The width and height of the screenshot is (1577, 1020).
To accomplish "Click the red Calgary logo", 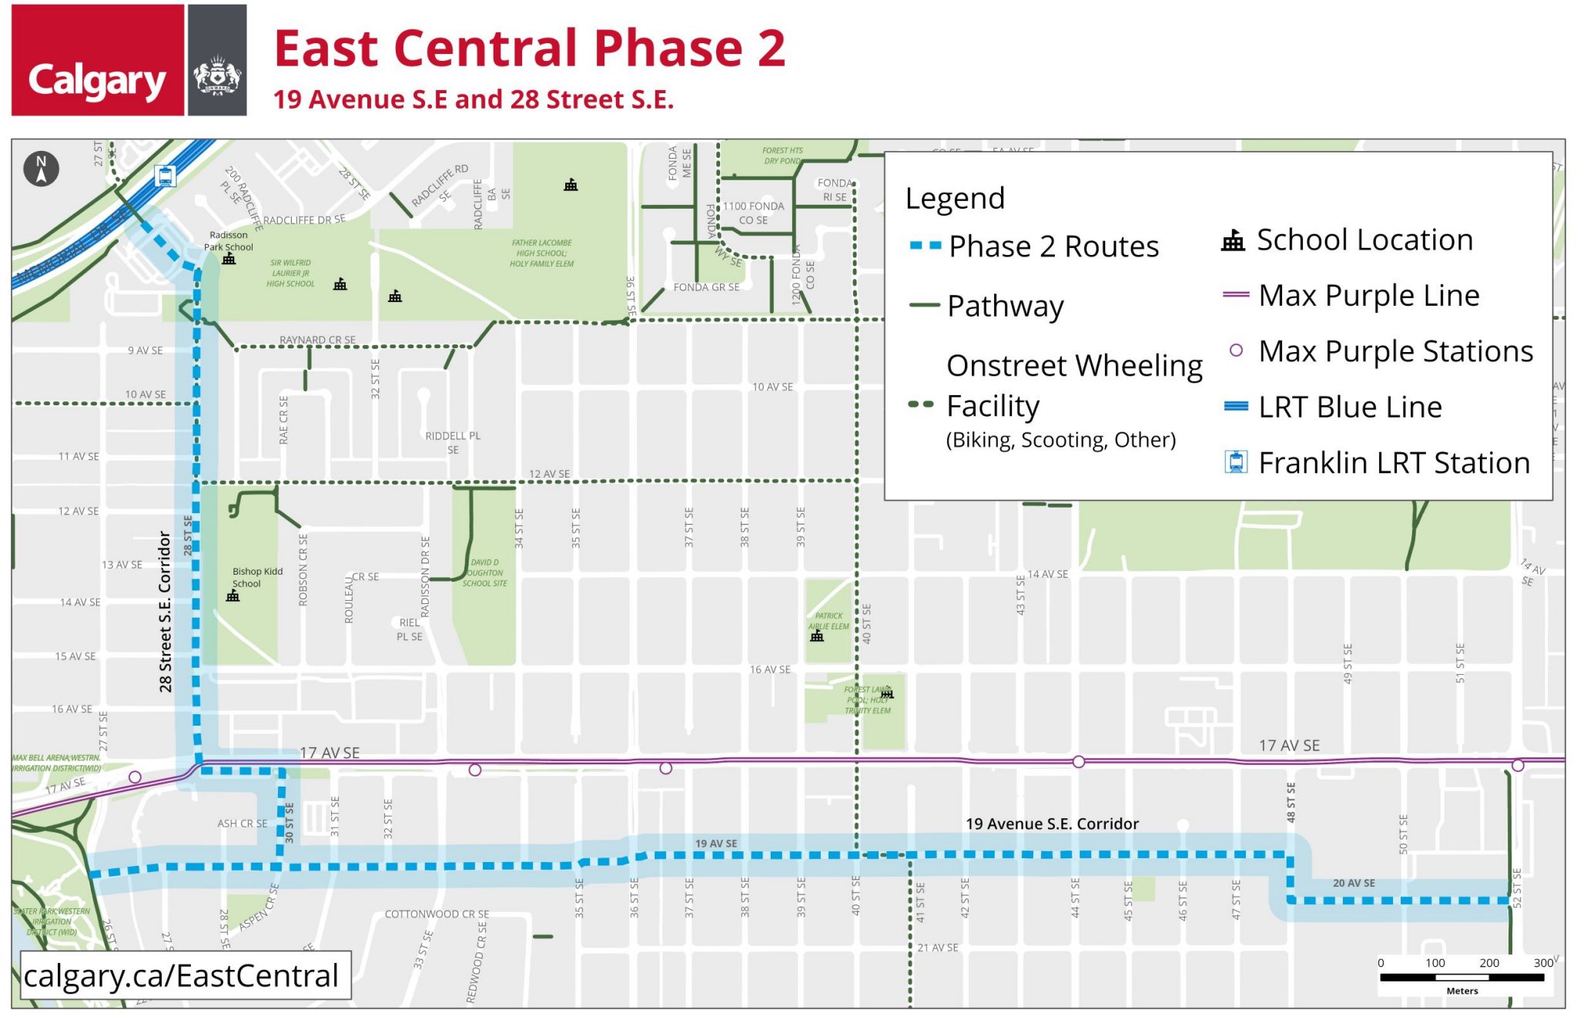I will tap(98, 60).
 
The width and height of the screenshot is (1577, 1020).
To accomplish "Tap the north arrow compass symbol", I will tap(41, 168).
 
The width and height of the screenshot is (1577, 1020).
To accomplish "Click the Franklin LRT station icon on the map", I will tap(164, 176).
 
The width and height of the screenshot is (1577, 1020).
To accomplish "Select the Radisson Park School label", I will tap(229, 241).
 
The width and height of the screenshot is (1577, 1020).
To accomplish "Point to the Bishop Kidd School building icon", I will tap(233, 596).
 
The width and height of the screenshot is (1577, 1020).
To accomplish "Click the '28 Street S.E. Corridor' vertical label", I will tap(165, 611).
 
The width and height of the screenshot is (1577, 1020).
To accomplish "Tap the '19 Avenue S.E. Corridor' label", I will tap(1052, 824).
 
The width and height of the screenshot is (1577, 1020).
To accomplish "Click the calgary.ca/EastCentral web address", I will tap(182, 975).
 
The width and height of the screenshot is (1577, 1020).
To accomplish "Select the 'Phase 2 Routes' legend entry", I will tap(1053, 247).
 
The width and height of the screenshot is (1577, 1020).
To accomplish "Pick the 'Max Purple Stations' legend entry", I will tap(1395, 351).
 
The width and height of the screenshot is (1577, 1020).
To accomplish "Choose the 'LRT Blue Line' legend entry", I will tap(1349, 407).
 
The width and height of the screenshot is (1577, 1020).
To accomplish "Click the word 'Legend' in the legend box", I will tap(955, 199).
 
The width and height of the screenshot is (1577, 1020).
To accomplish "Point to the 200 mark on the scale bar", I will tap(1488, 963).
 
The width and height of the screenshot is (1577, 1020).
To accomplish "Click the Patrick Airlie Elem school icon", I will tap(817, 636).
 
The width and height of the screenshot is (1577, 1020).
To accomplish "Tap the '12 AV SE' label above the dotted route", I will tap(549, 474).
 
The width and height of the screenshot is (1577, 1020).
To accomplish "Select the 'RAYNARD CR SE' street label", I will tap(317, 340).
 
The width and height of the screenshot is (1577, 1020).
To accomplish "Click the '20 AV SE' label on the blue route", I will tap(1354, 883).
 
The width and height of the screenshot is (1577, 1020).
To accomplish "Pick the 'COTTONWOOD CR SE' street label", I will tap(437, 914).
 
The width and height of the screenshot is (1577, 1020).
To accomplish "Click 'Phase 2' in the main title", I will tap(688, 49).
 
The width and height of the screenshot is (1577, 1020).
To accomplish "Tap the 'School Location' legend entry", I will tap(1364, 240).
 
